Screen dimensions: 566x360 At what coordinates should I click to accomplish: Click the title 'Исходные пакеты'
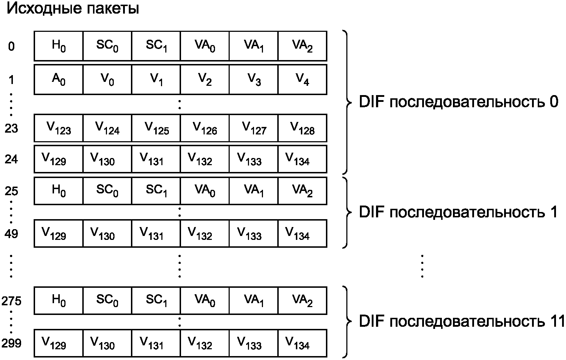[x=73, y=9]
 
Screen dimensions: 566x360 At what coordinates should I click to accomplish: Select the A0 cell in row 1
[x=58, y=79]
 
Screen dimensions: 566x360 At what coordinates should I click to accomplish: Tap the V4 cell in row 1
[x=302, y=79]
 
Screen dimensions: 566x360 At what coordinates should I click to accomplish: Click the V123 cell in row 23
[x=58, y=128]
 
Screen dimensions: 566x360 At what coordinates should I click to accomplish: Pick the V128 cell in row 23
[x=302, y=128]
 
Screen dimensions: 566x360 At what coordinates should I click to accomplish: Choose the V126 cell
[x=205, y=128]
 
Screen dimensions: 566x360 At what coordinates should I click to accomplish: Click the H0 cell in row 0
[x=58, y=46]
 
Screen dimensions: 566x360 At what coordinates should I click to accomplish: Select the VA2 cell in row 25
[x=302, y=191]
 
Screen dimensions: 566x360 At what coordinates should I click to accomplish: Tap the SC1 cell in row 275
[x=156, y=300]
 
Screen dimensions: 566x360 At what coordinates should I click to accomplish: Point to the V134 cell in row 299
[x=302, y=343]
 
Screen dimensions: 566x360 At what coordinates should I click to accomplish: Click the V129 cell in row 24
[x=58, y=159]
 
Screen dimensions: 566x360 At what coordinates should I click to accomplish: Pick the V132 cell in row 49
[x=205, y=233]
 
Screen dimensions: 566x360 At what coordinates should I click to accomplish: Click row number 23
[x=11, y=128]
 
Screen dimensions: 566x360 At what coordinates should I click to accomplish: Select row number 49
[x=11, y=234]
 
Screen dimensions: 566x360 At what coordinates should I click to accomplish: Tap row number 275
[x=11, y=301]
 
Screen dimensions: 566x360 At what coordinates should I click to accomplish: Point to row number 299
[x=11, y=343]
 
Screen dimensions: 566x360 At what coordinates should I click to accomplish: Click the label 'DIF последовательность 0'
[x=458, y=102]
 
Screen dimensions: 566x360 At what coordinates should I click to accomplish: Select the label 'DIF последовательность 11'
[x=462, y=321]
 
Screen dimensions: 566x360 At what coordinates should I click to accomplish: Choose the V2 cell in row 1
[x=205, y=79]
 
